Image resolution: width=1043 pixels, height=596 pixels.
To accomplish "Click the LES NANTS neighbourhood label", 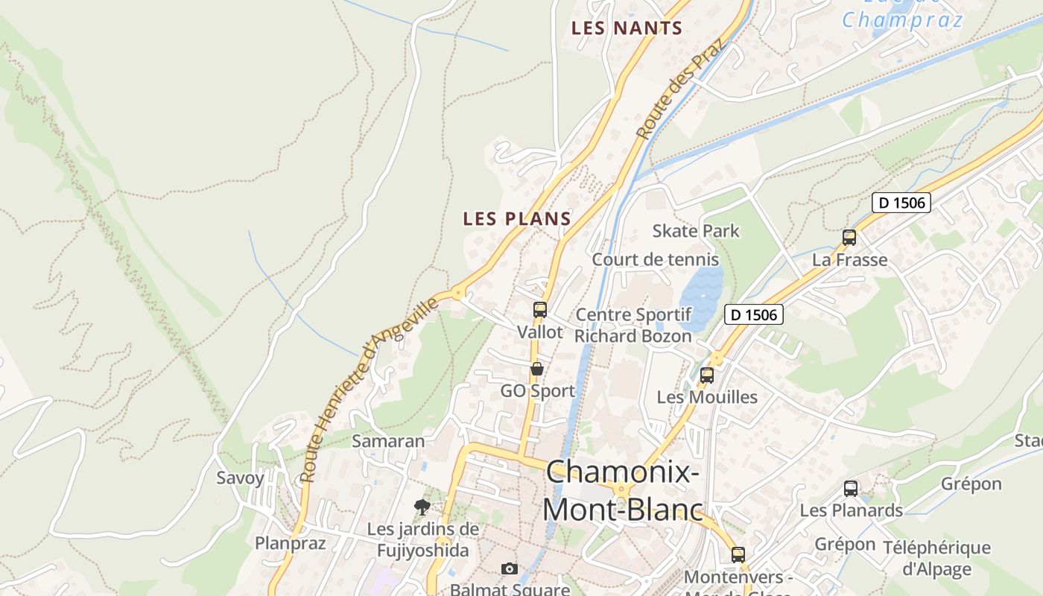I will (x=627, y=28).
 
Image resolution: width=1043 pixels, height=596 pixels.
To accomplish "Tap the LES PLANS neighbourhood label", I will (x=517, y=218).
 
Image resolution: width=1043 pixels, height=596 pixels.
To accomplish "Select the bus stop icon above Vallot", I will (x=540, y=309).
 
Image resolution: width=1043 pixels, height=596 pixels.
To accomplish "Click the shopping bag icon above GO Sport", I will (x=536, y=368).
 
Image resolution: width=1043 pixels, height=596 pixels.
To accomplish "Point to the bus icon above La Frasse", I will (x=849, y=238).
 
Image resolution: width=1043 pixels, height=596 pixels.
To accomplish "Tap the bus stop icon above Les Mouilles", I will (x=707, y=375).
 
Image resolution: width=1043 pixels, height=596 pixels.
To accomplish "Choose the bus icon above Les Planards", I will (x=851, y=489).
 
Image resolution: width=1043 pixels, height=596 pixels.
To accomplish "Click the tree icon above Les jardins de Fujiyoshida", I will (x=422, y=507).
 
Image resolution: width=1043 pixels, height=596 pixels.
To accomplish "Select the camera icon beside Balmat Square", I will (x=510, y=568).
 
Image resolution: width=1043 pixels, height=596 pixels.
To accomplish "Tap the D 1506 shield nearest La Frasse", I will (x=901, y=203).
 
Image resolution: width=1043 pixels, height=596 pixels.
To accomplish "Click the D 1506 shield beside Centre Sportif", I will (x=754, y=314).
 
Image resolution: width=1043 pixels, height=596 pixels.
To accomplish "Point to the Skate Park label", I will (x=696, y=231).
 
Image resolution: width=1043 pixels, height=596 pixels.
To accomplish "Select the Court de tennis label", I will (x=656, y=259).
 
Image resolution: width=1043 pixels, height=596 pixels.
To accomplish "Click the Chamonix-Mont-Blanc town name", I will (x=623, y=491).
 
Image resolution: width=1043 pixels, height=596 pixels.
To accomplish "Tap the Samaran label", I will (x=388, y=440).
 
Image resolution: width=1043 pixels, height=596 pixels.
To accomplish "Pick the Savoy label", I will (x=240, y=478).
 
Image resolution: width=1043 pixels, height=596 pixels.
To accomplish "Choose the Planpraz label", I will (x=291, y=542).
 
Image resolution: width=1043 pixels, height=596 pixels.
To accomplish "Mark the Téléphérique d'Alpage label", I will (x=936, y=559).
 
